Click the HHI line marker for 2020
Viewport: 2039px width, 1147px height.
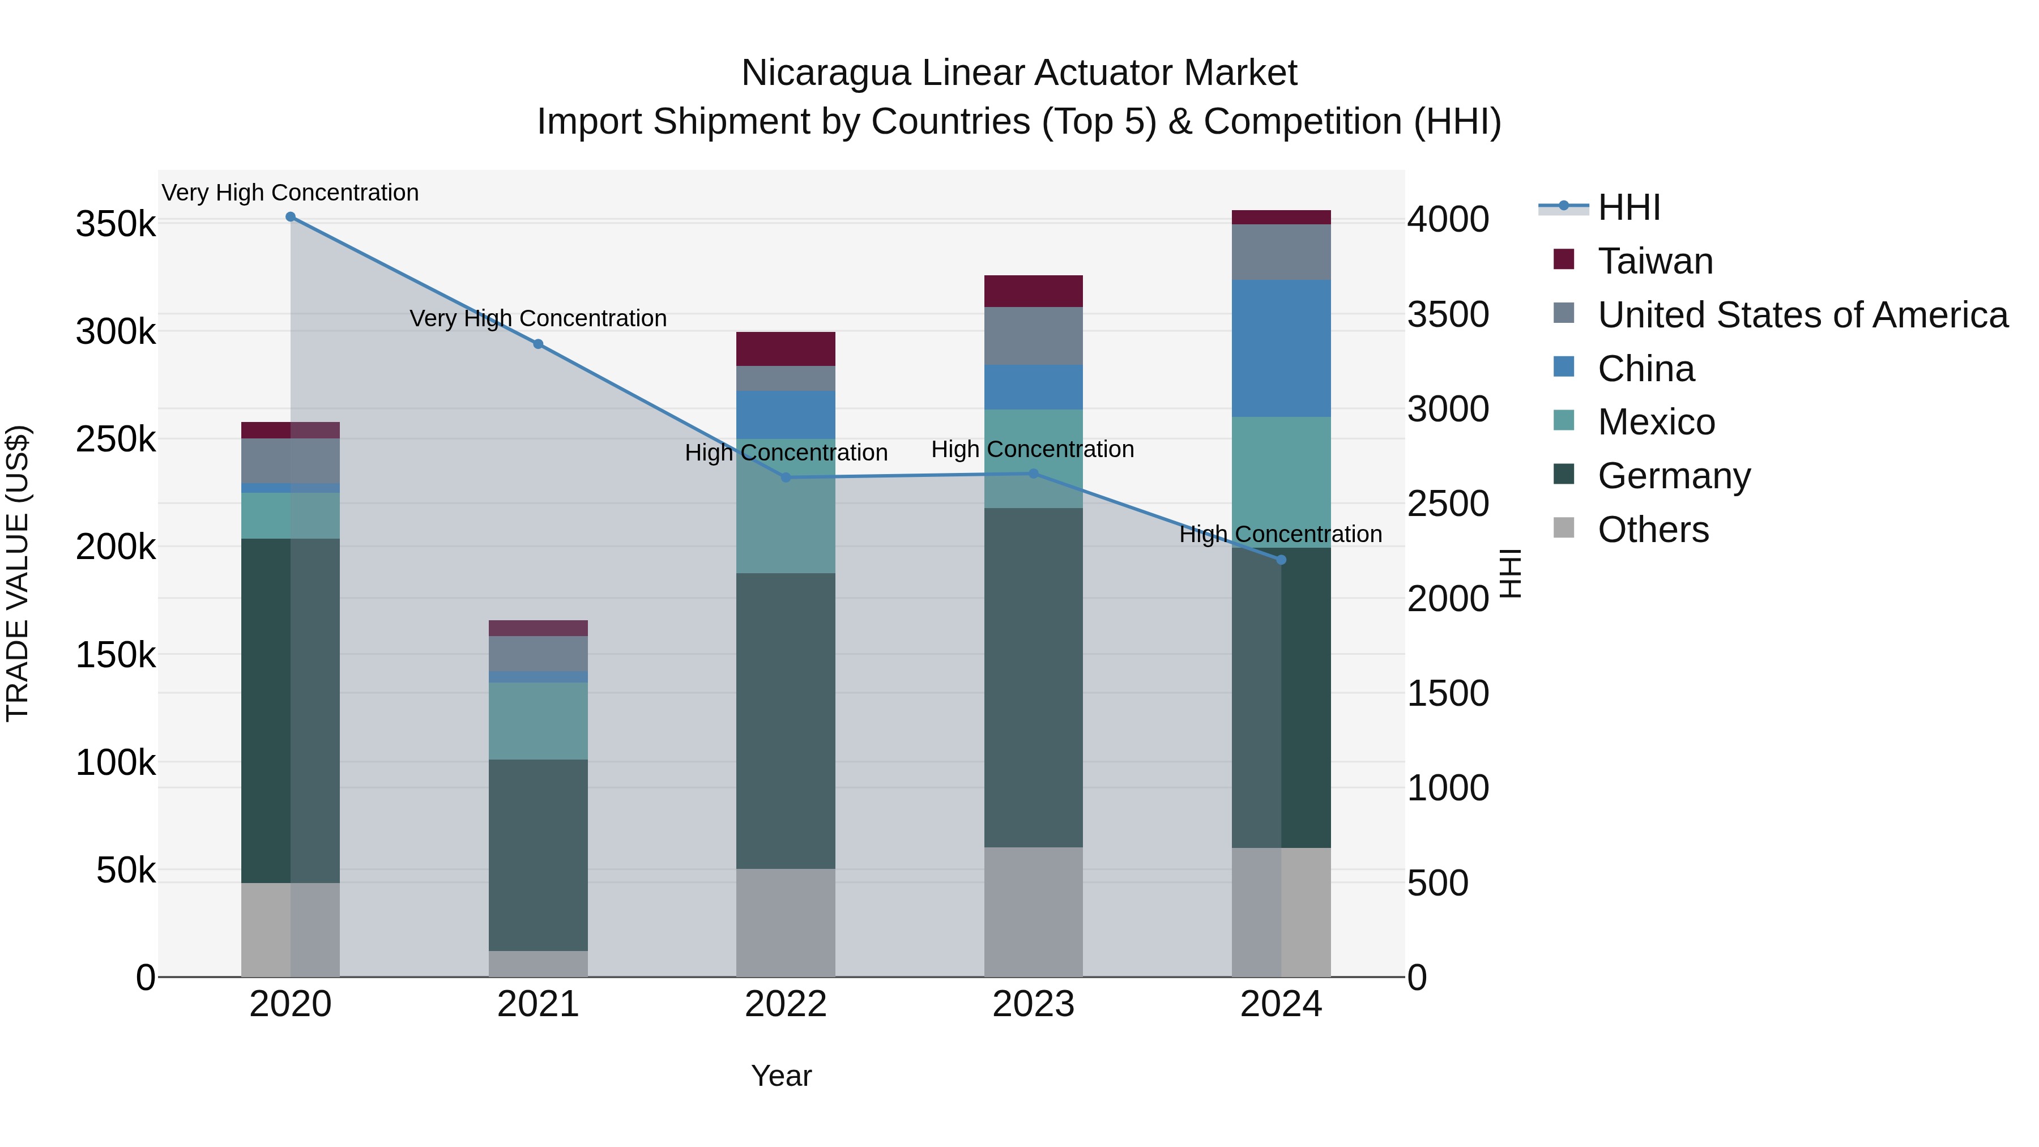pos(291,217)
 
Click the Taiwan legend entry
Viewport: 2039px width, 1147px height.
pos(1655,261)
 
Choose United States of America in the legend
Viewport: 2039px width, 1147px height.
pos(1802,315)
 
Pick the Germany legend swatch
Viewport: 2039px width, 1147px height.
pos(1564,475)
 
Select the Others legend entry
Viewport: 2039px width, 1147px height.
pos(1653,530)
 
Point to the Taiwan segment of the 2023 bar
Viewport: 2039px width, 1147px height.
pos(1033,291)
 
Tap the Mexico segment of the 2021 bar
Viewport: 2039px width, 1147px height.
pos(538,720)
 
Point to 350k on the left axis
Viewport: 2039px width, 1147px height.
pos(116,224)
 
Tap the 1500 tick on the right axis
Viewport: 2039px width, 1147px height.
pos(1448,693)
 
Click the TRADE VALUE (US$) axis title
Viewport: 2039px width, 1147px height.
pos(18,573)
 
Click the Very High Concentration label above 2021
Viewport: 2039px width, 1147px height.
pos(538,318)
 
